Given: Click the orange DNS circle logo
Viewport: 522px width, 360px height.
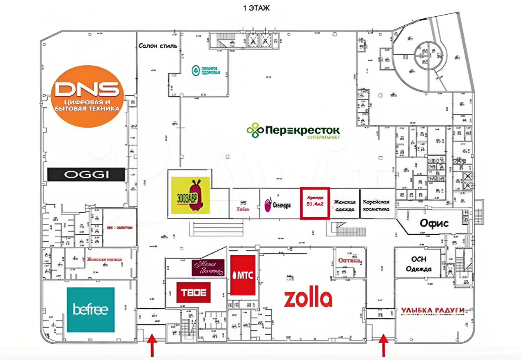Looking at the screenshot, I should pyautogui.click(x=88, y=97).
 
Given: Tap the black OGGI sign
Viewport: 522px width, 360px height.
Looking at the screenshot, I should pyautogui.click(x=86, y=174).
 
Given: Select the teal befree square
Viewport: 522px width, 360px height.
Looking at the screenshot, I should pyautogui.click(x=91, y=309).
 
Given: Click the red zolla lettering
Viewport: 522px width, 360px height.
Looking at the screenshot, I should pyautogui.click(x=308, y=298).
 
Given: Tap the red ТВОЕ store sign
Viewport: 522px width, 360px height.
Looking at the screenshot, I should pyautogui.click(x=194, y=292).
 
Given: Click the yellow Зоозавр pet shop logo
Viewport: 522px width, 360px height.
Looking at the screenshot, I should pyautogui.click(x=190, y=195).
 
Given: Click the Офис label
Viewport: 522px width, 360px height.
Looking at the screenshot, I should pyautogui.click(x=434, y=223).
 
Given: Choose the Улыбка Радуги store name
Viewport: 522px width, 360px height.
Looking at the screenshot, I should pyautogui.click(x=433, y=311).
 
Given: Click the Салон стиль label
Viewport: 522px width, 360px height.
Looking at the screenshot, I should pyautogui.click(x=157, y=46).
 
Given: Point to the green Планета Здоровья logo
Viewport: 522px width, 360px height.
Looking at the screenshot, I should pyautogui.click(x=206, y=70).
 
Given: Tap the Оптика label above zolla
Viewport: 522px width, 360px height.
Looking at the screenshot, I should pyautogui.click(x=349, y=260).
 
